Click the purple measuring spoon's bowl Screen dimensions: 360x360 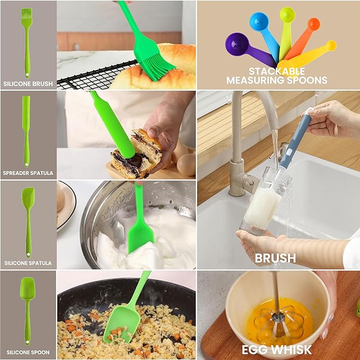pyautogui.click(x=237, y=44)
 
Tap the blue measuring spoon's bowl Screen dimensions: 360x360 pyautogui.click(x=259, y=21)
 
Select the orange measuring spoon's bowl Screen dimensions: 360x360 pyautogui.click(x=314, y=24)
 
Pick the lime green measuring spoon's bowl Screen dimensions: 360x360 pyautogui.click(x=287, y=14)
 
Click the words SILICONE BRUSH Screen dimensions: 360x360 pyautogui.click(x=28, y=84)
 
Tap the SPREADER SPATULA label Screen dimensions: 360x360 pyautogui.click(x=28, y=173)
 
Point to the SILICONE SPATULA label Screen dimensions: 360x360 pyautogui.click(x=28, y=263)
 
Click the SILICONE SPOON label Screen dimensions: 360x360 pyautogui.click(x=28, y=353)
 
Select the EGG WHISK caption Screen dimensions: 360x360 pyautogui.click(x=277, y=350)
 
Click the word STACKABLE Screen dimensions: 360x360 pyautogui.click(x=277, y=72)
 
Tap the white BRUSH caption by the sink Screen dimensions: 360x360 pyautogui.click(x=275, y=258)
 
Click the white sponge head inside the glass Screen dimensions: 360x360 pyautogui.click(x=262, y=208)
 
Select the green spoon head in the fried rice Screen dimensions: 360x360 pyautogui.click(x=122, y=324)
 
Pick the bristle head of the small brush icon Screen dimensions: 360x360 pyautogui.click(x=27, y=15)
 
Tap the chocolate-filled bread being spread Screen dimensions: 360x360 pyautogui.click(x=136, y=154)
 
